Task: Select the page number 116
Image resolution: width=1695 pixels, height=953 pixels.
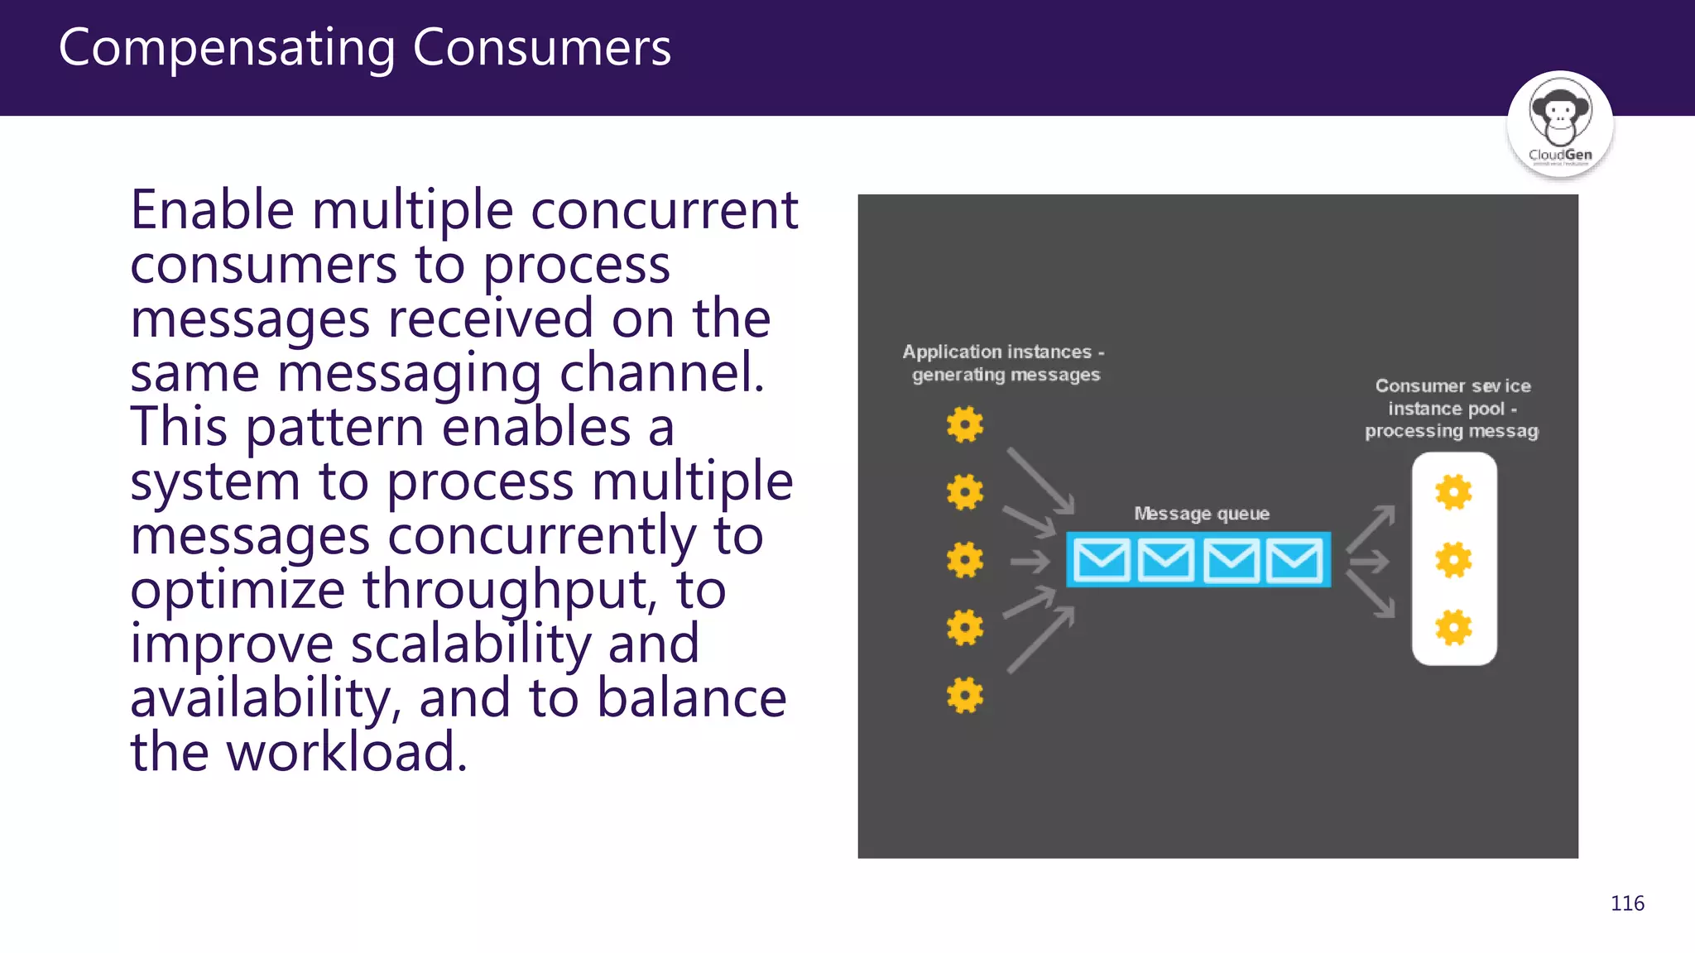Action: pos(1627,903)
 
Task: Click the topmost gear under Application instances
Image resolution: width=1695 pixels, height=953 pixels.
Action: pos(965,424)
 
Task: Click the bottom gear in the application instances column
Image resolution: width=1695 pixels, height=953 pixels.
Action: pos(965,695)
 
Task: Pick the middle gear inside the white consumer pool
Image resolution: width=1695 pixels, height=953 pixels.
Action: pos(1453,560)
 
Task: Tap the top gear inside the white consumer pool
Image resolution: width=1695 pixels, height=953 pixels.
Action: pos(1453,492)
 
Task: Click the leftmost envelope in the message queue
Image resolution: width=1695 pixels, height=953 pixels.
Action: pos(1101,560)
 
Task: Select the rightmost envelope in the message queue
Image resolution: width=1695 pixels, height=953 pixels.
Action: pos(1294,560)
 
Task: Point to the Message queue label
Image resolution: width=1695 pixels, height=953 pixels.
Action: pos(1201,514)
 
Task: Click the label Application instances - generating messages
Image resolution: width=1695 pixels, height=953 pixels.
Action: pos(1004,363)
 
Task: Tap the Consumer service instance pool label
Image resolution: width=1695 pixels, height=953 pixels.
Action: pos(1452,409)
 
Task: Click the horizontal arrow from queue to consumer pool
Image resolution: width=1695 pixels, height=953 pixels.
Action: pos(1370,563)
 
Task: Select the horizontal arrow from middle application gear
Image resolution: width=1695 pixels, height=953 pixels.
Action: pos(1030,563)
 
